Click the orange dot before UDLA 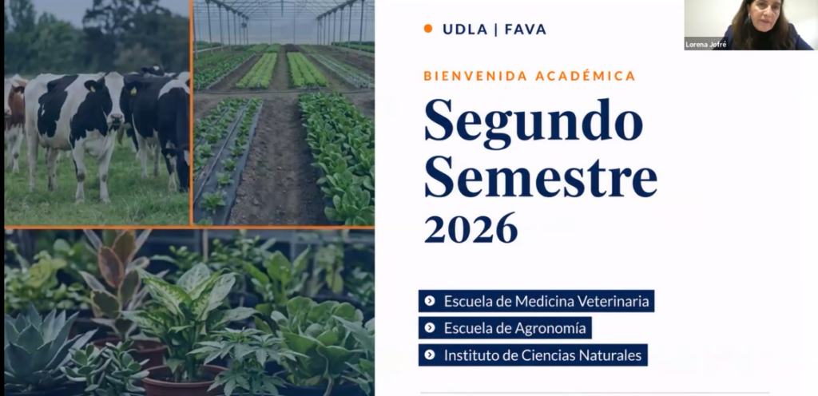click(x=428, y=29)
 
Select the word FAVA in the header click(x=526, y=30)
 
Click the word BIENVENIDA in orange click(x=475, y=76)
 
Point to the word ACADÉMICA click(x=586, y=76)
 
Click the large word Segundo click(x=533, y=121)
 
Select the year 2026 click(x=471, y=228)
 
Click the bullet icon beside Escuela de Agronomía click(x=430, y=328)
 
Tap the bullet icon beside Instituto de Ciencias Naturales click(x=430, y=354)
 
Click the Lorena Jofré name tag click(x=706, y=44)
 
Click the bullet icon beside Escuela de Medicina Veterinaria click(x=430, y=301)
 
